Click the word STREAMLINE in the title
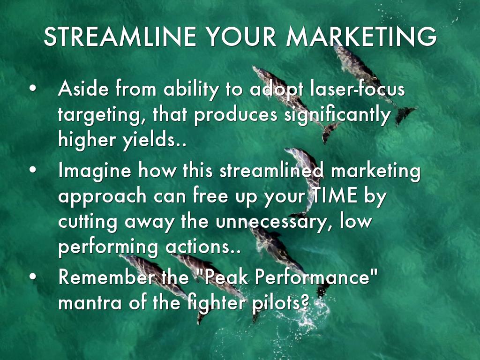pyautogui.click(x=120, y=37)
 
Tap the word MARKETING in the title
pyautogui.click(x=361, y=37)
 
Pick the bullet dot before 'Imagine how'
pyautogui.click(x=33, y=170)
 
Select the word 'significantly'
pyautogui.click(x=337, y=115)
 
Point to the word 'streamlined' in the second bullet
pyautogui.click(x=271, y=170)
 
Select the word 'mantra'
pyautogui.click(x=90, y=303)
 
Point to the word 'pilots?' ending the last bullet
pyautogui.click(x=280, y=303)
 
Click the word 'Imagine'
pyautogui.click(x=95, y=171)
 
